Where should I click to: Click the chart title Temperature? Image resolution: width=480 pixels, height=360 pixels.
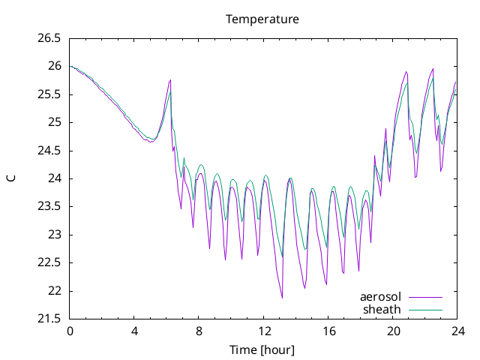point(262,19)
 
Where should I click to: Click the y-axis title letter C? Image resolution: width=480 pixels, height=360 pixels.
point(11,178)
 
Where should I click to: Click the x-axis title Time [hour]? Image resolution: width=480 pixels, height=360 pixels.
point(262,349)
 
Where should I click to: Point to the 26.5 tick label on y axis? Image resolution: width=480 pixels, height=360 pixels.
point(49,38)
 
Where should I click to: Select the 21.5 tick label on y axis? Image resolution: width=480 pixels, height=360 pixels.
point(49,319)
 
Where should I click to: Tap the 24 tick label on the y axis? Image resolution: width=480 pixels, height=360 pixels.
point(55,178)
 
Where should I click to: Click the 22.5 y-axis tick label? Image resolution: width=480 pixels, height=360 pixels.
point(49,262)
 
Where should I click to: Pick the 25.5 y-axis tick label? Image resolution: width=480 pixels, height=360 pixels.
point(49,94)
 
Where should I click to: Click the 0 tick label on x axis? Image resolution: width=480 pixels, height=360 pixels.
point(70,331)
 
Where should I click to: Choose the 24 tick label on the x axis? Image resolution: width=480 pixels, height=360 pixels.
point(457,331)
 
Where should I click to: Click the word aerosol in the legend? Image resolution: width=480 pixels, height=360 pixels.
point(380,297)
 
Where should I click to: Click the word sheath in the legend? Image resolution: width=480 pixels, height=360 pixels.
point(382,310)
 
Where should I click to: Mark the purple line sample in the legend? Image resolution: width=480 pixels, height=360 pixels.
point(425,297)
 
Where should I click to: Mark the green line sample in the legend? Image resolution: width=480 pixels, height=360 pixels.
point(425,310)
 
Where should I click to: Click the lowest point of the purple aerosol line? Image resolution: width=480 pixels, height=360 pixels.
point(282,298)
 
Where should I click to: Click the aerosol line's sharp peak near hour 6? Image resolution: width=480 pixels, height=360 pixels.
point(170,80)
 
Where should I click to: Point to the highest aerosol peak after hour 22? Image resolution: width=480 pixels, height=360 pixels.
point(433,69)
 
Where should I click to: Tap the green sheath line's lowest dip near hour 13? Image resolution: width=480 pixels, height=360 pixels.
point(282,256)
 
